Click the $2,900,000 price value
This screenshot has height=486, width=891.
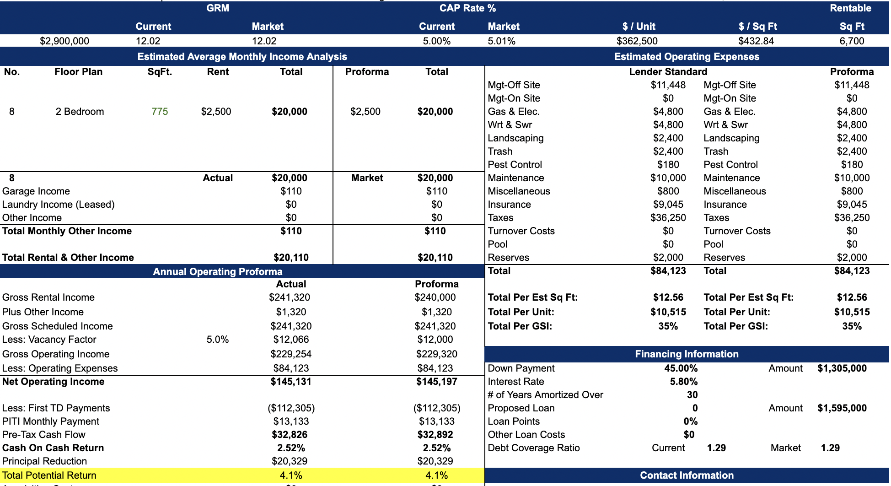click(64, 41)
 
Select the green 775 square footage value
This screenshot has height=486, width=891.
click(160, 112)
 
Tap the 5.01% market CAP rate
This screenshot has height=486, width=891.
click(501, 41)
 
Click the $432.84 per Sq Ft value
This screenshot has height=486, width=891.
click(756, 41)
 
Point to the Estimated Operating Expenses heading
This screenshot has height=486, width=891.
click(686, 57)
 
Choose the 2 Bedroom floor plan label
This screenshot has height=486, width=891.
click(80, 112)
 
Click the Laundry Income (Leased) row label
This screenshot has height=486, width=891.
click(59, 205)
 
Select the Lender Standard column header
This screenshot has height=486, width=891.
click(668, 72)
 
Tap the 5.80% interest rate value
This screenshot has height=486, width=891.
click(683, 382)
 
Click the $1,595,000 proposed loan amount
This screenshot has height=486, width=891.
click(842, 408)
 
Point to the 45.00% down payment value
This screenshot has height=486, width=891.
click(681, 368)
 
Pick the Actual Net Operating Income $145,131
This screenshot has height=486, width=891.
click(291, 382)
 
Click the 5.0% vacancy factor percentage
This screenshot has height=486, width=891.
click(217, 340)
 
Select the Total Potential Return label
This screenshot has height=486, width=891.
click(49, 475)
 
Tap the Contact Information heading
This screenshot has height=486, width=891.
click(686, 475)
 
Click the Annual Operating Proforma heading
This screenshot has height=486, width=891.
click(218, 272)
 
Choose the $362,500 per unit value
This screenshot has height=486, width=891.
click(637, 41)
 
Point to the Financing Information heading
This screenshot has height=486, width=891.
click(686, 354)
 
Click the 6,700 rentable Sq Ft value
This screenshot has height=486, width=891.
click(852, 41)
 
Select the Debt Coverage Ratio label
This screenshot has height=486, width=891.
click(533, 448)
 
